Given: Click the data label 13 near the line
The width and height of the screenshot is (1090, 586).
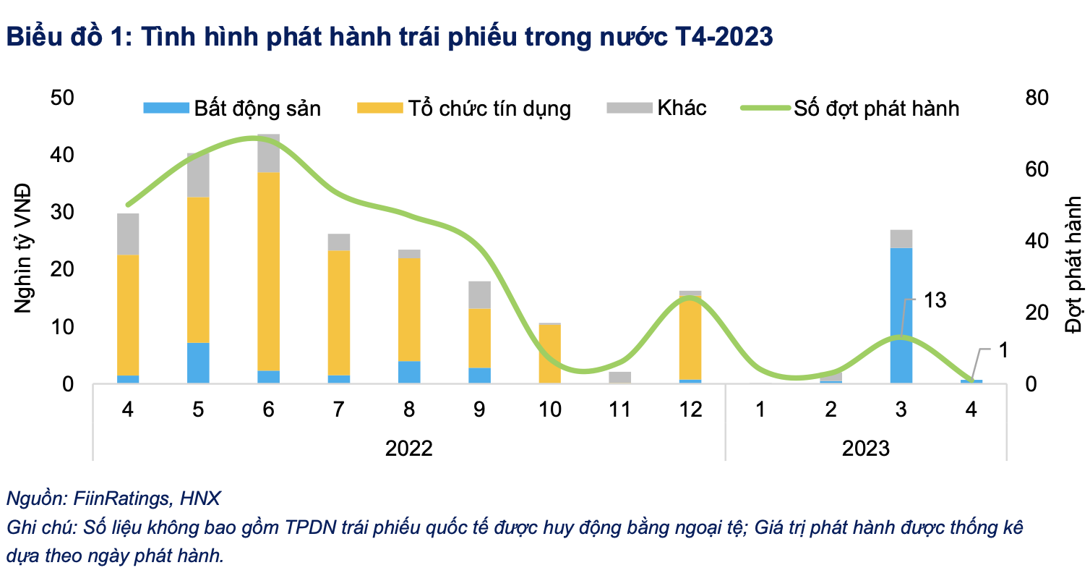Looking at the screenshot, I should pos(935,300).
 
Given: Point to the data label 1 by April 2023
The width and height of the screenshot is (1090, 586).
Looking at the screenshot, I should pos(1002,349).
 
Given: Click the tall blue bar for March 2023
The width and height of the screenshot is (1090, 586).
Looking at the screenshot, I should pos(901,315).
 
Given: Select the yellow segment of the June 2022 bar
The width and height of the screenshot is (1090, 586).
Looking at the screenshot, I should pos(268,271).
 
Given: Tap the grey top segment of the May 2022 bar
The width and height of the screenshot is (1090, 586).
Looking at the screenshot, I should pos(198,174).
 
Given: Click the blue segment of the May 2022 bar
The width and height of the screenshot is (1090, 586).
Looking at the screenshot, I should pos(198,362).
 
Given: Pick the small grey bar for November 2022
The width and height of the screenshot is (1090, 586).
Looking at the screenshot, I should pos(619,377).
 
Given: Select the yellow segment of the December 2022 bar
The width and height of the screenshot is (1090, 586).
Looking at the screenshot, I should pos(690,336).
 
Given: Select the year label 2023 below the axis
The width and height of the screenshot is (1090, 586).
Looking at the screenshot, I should pos(865,448).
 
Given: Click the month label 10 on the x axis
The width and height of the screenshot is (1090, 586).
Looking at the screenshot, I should pos(549,409).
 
